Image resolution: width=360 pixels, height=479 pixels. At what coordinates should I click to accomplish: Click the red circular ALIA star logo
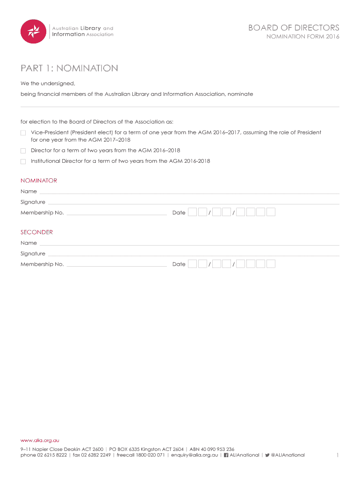(33, 31)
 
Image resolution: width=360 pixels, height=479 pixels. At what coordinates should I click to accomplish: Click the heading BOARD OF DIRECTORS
(294, 28)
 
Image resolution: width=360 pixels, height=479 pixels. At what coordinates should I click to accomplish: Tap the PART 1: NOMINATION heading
(69, 68)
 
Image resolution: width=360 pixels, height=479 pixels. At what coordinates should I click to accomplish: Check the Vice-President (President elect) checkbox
(23, 133)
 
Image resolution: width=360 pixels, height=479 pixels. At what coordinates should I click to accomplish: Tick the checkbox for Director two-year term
(23, 151)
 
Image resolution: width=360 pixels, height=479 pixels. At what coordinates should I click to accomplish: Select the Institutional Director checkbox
(23, 161)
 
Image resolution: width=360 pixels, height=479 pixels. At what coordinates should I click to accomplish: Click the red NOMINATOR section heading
(39, 181)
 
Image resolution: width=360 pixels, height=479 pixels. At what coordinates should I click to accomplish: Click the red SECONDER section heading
(36, 232)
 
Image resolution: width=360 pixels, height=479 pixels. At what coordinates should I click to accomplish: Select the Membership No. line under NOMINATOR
(116, 214)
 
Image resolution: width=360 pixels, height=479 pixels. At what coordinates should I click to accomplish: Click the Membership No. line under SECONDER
(116, 265)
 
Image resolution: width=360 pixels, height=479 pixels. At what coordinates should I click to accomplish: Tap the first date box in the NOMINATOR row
(192, 212)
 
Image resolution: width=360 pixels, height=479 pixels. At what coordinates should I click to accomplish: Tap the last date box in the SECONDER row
(271, 264)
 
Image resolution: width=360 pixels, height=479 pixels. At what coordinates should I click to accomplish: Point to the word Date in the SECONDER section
(179, 264)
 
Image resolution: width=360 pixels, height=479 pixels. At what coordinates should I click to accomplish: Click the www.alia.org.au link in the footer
(40, 440)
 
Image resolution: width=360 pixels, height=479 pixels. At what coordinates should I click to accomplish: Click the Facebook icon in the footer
(226, 455)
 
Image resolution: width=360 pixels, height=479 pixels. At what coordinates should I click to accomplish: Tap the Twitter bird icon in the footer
(267, 455)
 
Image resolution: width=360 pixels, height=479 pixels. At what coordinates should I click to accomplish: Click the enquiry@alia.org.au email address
(194, 455)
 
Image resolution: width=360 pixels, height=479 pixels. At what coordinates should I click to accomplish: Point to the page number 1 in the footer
(338, 455)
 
